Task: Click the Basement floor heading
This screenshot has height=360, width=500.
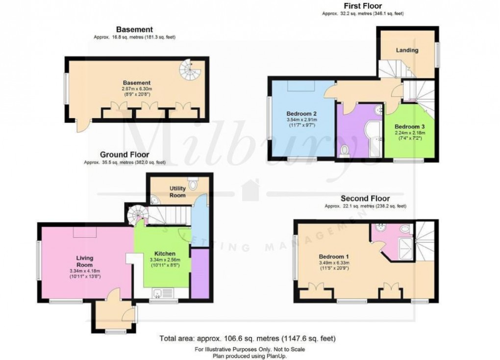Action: tap(134, 29)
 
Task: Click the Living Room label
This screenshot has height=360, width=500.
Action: tap(85, 261)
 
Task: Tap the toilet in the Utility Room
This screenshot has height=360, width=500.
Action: tap(194, 184)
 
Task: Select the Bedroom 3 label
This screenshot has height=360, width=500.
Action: tap(407, 125)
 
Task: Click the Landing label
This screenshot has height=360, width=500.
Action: tap(407, 50)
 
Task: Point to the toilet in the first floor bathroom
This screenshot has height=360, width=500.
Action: tap(344, 150)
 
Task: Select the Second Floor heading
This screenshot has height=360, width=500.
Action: tap(365, 199)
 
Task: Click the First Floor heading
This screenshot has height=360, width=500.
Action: tap(362, 6)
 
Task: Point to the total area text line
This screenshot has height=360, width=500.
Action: tap(248, 338)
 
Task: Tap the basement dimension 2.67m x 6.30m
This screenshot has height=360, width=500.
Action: tap(136, 88)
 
